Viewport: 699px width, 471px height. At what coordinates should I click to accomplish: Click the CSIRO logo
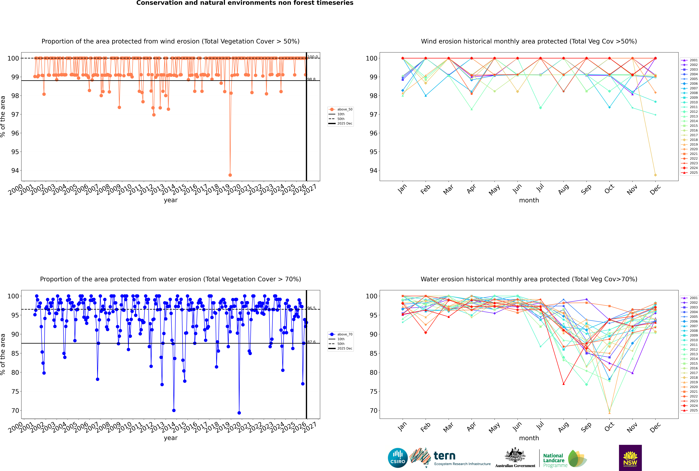click(x=398, y=458)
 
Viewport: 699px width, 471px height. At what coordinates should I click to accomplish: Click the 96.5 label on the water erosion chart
click(x=311, y=308)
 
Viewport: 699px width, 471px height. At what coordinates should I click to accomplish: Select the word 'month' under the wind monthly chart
click(x=529, y=200)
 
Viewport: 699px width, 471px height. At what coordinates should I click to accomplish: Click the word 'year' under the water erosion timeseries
click(x=170, y=438)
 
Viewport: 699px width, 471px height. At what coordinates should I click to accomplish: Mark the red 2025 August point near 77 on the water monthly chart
click(x=563, y=384)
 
